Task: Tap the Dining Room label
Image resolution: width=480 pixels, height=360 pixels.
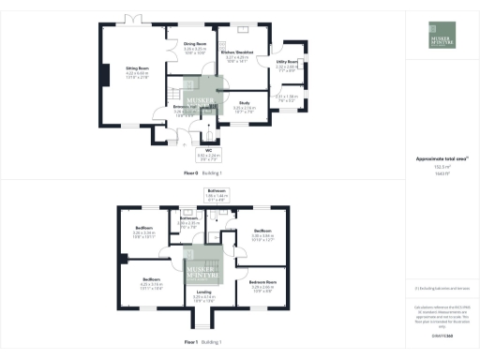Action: (x=195, y=46)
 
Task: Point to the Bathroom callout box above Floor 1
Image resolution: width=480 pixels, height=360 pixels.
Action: (x=217, y=196)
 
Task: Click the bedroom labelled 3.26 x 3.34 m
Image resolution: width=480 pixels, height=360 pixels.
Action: (x=143, y=231)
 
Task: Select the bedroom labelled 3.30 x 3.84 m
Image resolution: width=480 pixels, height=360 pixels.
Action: (x=262, y=233)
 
